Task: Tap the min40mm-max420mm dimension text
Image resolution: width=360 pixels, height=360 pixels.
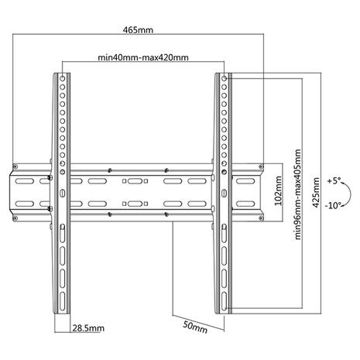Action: (144, 57)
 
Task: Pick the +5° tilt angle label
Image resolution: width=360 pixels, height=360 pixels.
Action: (334, 180)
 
